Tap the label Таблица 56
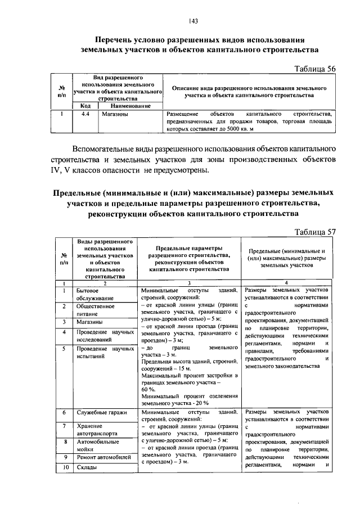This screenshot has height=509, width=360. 316,68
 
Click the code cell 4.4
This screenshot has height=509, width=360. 86,114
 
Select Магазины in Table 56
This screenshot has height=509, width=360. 114,114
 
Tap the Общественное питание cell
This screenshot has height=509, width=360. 96,310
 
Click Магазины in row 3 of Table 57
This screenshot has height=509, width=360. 89,322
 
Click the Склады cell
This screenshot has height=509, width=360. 87,468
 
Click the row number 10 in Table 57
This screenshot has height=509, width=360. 65,468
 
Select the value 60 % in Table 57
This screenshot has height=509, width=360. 148,389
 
